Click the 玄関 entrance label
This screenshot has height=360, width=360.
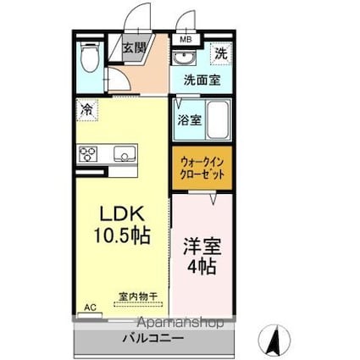point(134,47)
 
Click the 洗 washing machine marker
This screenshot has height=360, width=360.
point(219,53)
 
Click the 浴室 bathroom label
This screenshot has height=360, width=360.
point(188,120)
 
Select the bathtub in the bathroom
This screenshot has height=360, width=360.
point(218,119)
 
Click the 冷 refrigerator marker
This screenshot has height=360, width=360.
point(87,108)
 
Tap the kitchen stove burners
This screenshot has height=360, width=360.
point(89,154)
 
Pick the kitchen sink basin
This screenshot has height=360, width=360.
point(124,154)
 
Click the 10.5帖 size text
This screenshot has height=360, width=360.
point(119,235)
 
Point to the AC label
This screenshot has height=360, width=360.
point(89,309)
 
